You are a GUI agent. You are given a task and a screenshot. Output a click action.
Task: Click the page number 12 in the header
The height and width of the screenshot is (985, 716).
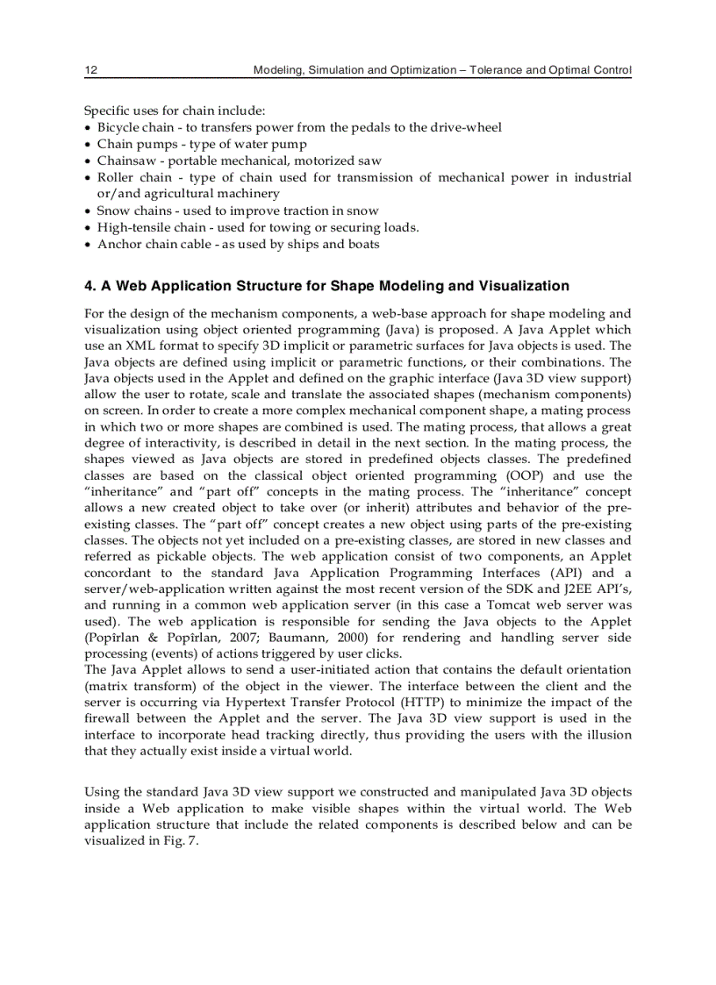(89, 69)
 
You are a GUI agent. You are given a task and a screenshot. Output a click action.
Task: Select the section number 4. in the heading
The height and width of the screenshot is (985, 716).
(89, 286)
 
